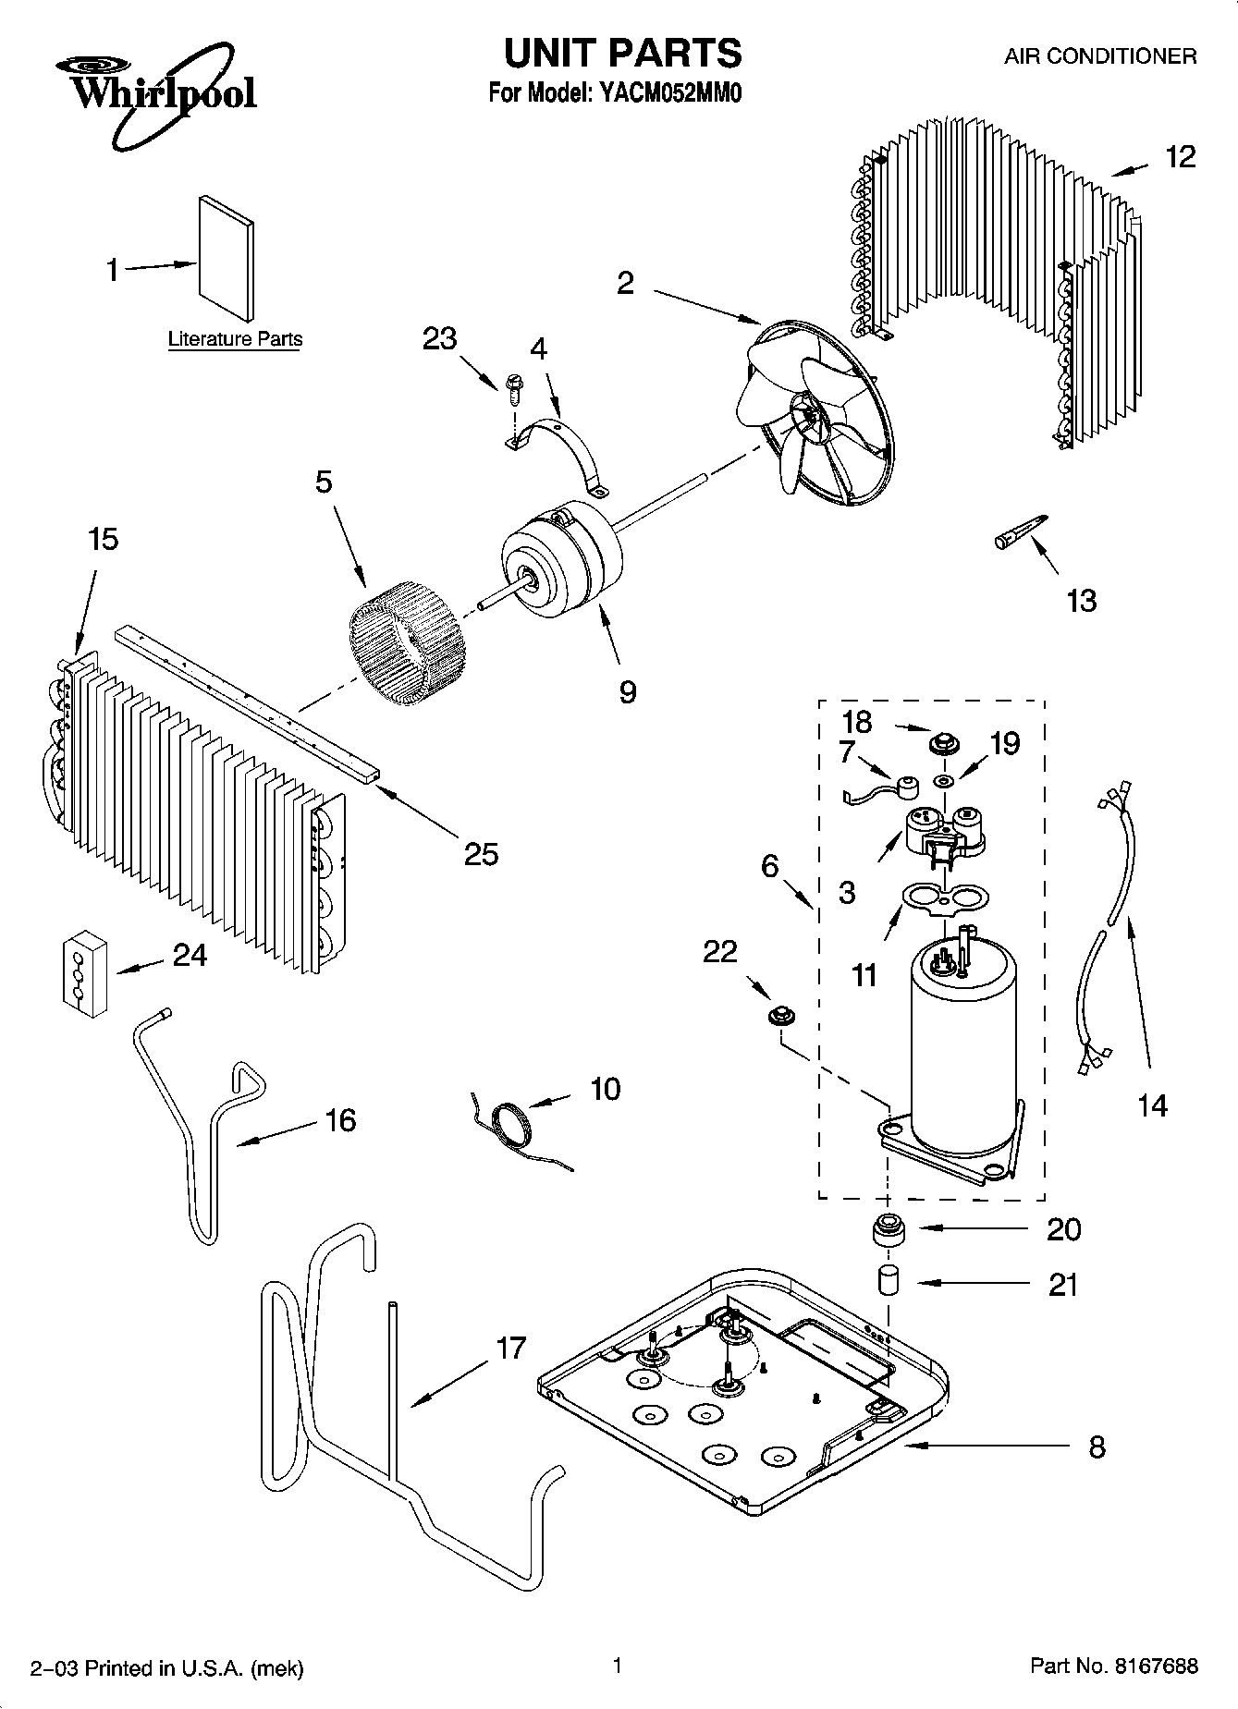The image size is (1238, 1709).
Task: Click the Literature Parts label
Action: click(x=235, y=339)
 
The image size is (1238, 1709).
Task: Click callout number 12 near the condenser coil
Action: click(x=1180, y=157)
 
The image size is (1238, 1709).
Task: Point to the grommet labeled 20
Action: click(x=889, y=1231)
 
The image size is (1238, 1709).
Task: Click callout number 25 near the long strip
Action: click(x=481, y=853)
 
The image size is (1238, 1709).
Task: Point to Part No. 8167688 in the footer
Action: click(x=1113, y=1666)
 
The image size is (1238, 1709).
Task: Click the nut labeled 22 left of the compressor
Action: click(x=781, y=1017)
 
